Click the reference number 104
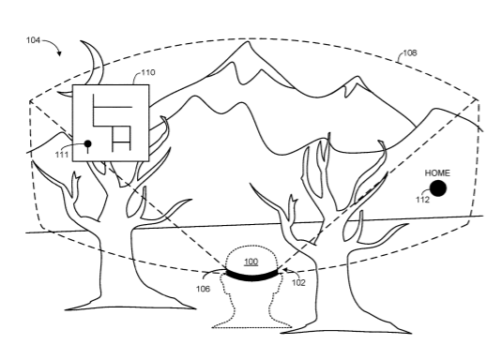click(x=33, y=40)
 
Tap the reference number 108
click(x=410, y=52)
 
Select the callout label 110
click(x=148, y=72)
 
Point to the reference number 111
click(x=62, y=155)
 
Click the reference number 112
click(x=422, y=200)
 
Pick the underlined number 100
click(x=251, y=262)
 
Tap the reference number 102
click(x=298, y=282)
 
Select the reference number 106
click(x=203, y=289)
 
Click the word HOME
click(x=437, y=173)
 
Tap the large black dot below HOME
click(x=437, y=188)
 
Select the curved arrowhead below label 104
click(x=59, y=53)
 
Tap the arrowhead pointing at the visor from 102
click(x=284, y=271)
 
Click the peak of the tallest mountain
click(x=247, y=41)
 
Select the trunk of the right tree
click(x=333, y=281)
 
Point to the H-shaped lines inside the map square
click(x=121, y=139)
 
